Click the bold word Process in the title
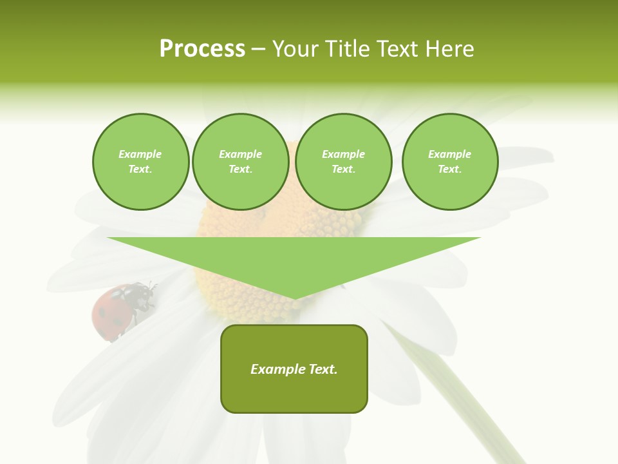(x=202, y=49)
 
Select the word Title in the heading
(x=348, y=49)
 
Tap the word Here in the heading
(x=449, y=49)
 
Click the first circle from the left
(x=140, y=162)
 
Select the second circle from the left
(x=240, y=162)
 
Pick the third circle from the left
(x=343, y=162)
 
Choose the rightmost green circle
(x=449, y=162)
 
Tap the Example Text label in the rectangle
(x=294, y=369)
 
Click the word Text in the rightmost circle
(x=449, y=169)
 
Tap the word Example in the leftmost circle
(x=140, y=155)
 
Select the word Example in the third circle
(x=343, y=155)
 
